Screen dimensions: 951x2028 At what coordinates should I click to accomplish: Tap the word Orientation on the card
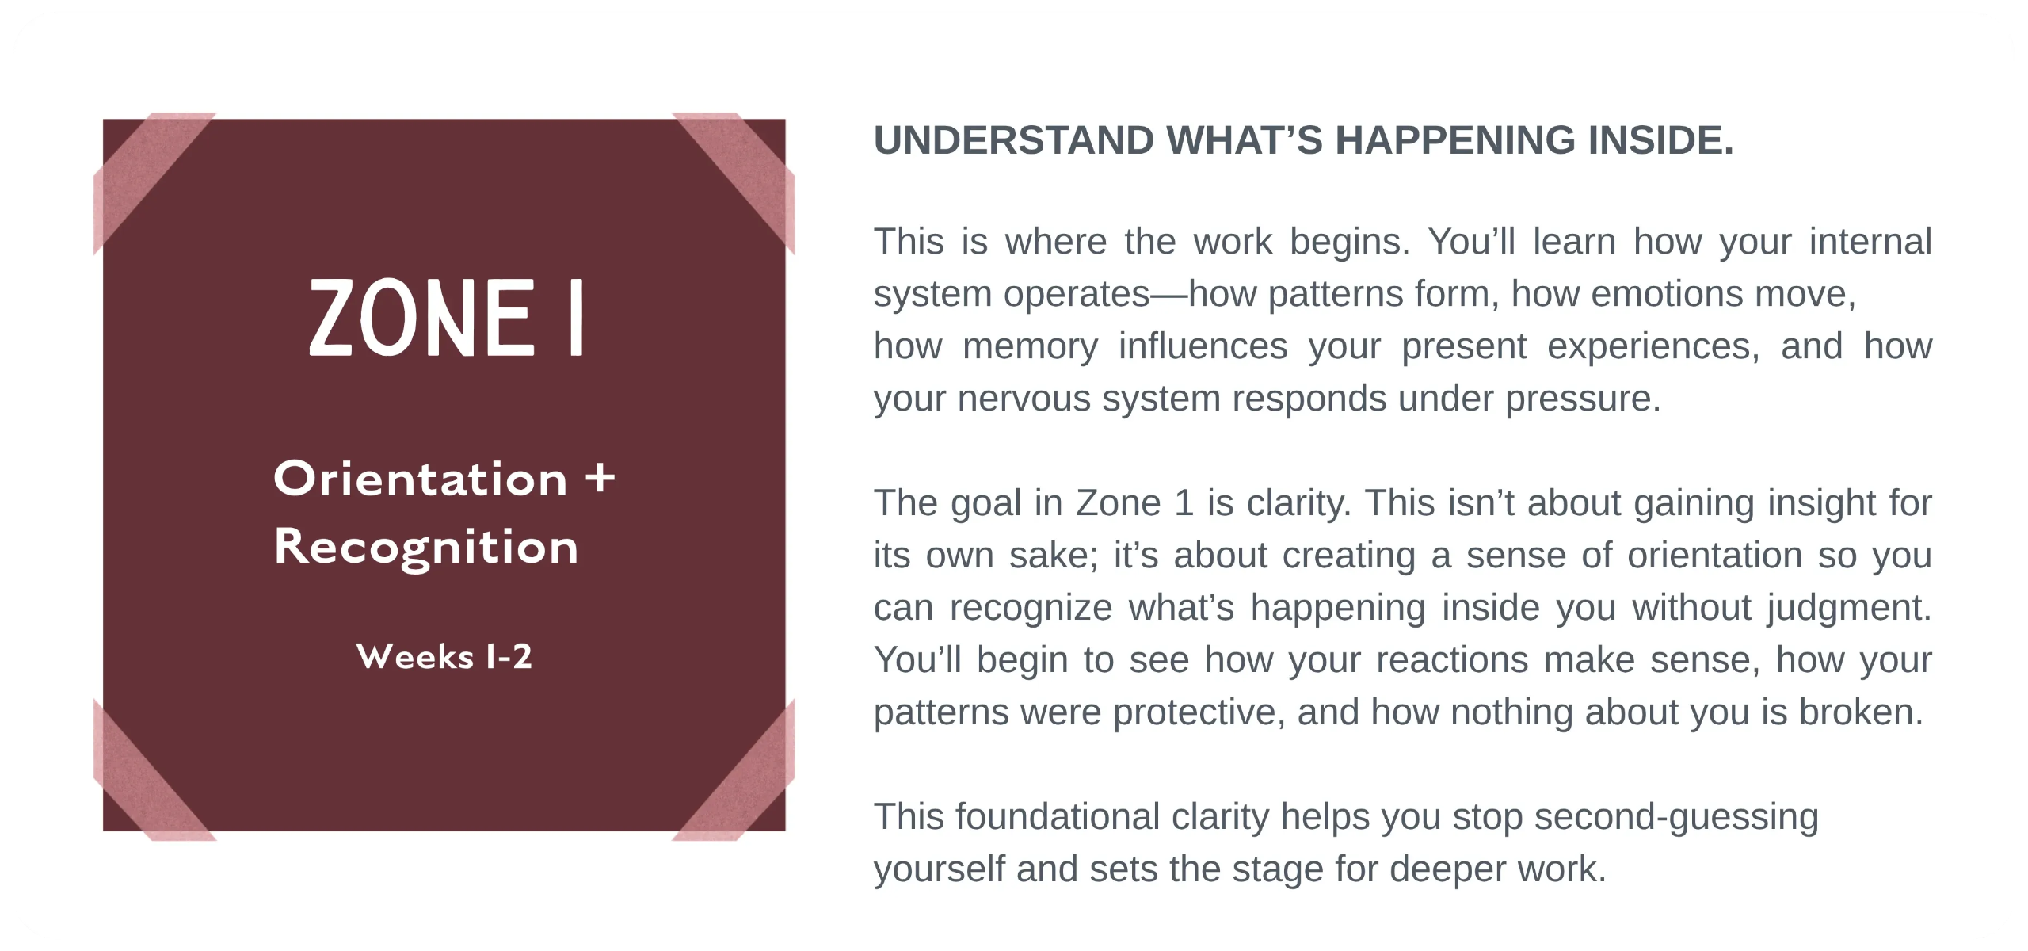tap(421, 479)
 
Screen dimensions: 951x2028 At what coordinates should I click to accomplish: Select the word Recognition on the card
tap(426, 547)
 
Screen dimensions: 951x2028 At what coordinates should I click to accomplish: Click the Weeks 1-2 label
tap(444, 656)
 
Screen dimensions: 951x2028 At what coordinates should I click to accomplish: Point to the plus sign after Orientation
tap(600, 479)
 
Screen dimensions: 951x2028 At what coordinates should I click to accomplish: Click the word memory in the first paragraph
tap(1030, 347)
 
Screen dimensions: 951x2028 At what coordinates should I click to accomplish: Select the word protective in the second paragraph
tap(1197, 712)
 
